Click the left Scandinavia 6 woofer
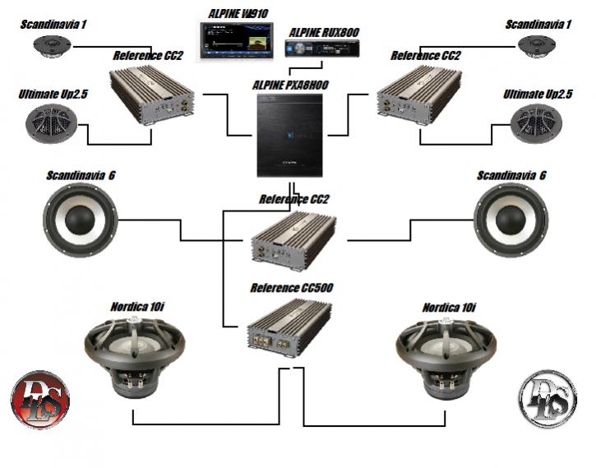[x=80, y=219]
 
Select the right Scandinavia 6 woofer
[x=511, y=219]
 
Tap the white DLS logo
[x=547, y=399]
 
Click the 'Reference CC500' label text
[x=292, y=288]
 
